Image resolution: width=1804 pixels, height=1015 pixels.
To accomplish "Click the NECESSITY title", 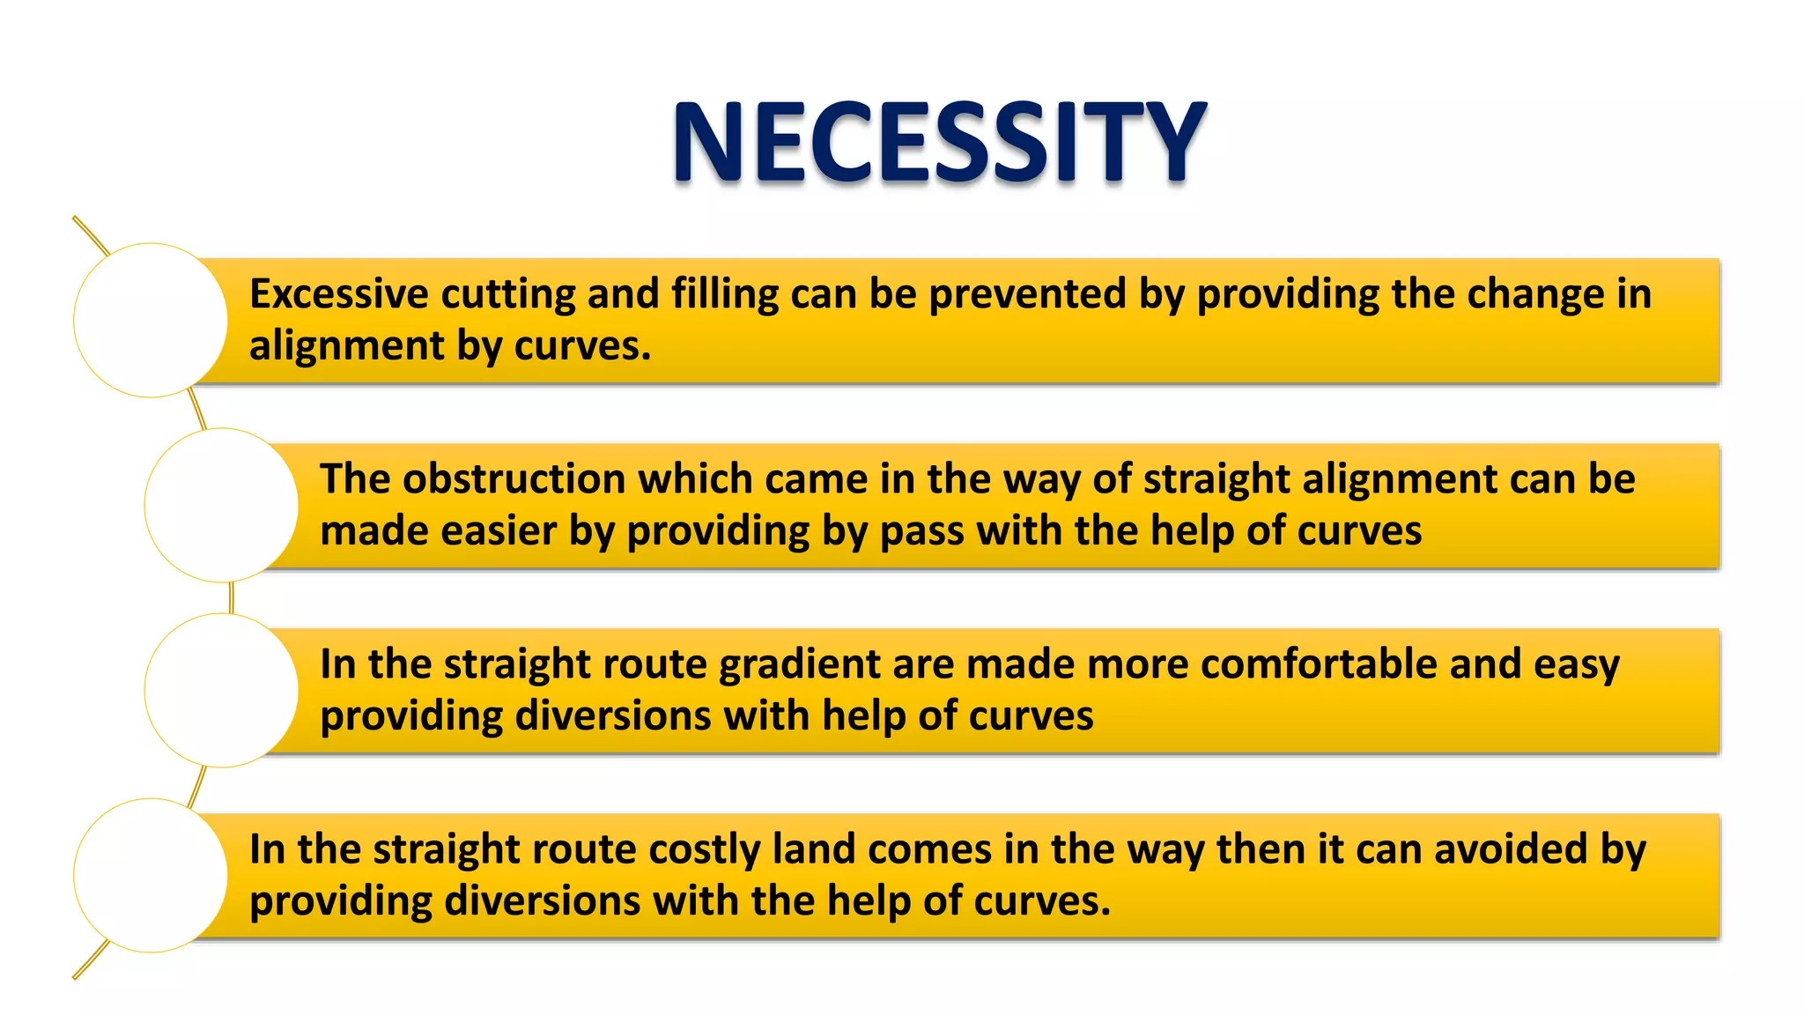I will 939,143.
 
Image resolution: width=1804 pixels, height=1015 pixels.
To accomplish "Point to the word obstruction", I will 514,479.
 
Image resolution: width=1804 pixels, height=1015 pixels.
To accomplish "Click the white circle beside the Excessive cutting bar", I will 151,320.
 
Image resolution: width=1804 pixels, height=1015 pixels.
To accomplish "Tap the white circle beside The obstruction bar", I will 221,505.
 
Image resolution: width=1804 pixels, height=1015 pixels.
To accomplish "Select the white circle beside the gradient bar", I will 221,690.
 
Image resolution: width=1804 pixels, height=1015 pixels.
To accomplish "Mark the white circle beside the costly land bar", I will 151,875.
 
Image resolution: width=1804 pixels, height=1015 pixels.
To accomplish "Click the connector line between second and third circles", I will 231,597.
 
